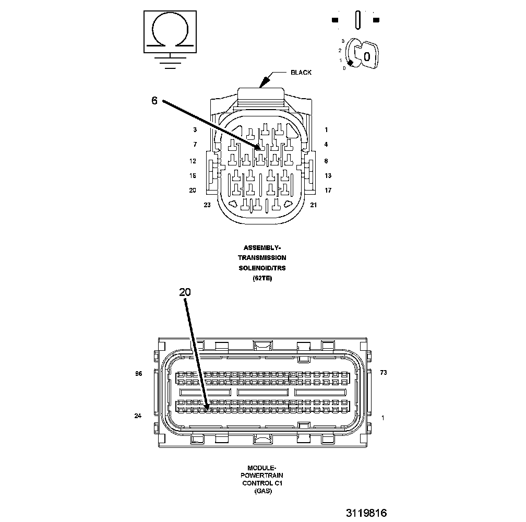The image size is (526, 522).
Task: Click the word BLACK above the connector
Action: pos(301,73)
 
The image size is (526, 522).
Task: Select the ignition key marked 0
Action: pos(365,54)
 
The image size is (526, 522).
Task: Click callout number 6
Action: pos(154,101)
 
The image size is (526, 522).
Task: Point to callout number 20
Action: pos(185,292)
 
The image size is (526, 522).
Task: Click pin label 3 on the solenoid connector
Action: pos(195,130)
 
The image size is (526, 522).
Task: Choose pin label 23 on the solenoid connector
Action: pos(207,205)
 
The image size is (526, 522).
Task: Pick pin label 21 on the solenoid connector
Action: pos(313,205)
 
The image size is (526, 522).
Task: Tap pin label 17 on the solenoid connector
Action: pos(328,191)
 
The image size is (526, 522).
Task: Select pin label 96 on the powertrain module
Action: pos(138,373)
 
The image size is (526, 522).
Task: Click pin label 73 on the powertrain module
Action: pos(383,373)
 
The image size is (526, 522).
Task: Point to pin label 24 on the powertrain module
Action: pos(138,416)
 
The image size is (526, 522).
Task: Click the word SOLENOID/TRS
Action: pos(262,268)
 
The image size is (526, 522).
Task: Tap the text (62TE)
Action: pos(262,278)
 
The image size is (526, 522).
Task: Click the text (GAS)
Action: pos(262,491)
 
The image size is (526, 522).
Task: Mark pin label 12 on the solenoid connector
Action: pos(193,161)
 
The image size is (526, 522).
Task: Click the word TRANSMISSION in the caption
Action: pos(262,258)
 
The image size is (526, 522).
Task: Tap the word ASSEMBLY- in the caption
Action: pos(262,247)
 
